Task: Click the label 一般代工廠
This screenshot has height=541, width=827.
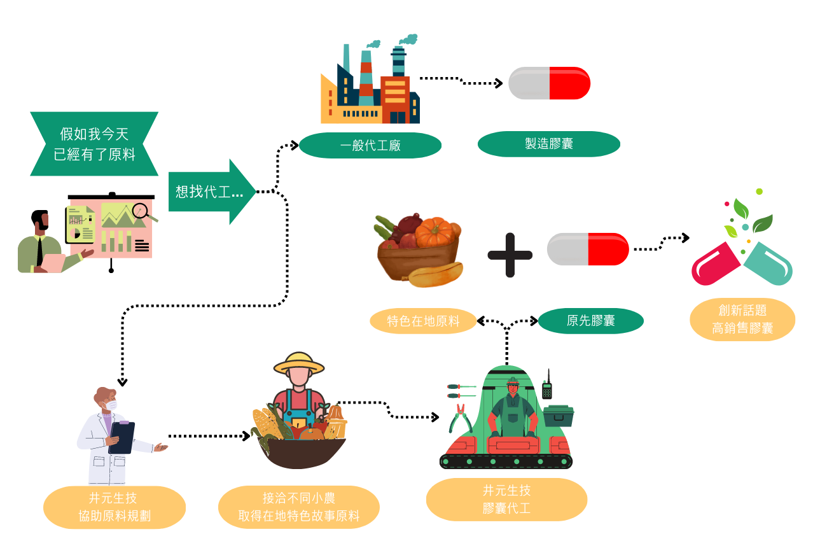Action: [x=370, y=145]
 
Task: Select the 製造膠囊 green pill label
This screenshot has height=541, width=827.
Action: [x=548, y=144]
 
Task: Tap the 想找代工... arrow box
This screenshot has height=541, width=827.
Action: [x=212, y=192]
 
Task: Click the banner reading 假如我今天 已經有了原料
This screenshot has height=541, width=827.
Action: [x=94, y=144]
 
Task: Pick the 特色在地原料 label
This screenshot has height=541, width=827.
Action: [x=423, y=321]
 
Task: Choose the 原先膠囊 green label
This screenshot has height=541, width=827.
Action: [x=591, y=321]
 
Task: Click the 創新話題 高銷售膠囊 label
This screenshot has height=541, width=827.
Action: [x=742, y=319]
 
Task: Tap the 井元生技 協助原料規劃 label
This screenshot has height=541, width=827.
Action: [x=115, y=507]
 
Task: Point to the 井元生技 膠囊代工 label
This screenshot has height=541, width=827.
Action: [x=506, y=499]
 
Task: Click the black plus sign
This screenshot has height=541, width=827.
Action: [x=510, y=255]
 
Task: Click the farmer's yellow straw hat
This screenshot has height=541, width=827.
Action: [x=299, y=363]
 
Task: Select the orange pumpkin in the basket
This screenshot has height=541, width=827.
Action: [x=434, y=232]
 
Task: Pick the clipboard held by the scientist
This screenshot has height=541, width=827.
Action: [x=122, y=437]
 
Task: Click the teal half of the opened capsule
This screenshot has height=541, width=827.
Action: [x=768, y=263]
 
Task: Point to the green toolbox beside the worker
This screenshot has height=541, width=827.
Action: [x=559, y=416]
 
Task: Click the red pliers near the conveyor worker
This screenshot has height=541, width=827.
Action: [x=460, y=419]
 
